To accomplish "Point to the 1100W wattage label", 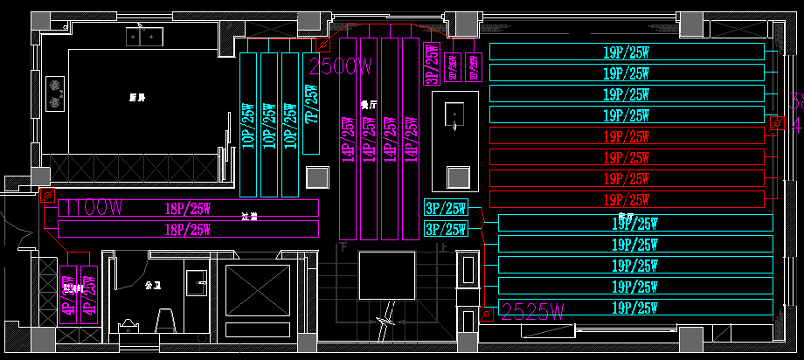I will click(x=90, y=208).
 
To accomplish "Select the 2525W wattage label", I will click(x=532, y=310).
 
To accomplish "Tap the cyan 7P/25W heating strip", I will click(x=310, y=105).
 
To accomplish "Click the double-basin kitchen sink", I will click(x=145, y=36).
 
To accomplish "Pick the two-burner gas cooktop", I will click(x=55, y=93).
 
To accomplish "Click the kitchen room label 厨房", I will click(x=135, y=97).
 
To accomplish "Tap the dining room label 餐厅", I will click(x=368, y=103).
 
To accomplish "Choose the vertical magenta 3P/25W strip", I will click(x=432, y=65).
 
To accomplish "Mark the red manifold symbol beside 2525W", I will click(x=487, y=312).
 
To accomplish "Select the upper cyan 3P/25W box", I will click(x=446, y=208).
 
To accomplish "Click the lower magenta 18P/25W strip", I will click(x=187, y=229).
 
